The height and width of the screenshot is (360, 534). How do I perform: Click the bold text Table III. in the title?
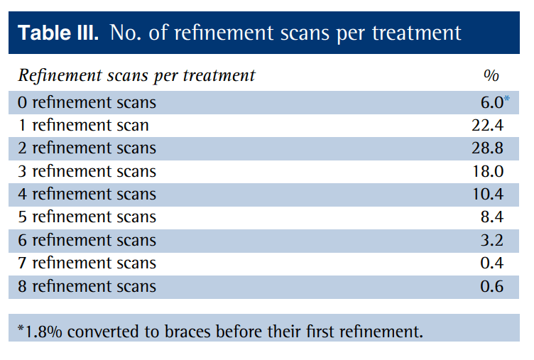[58, 33]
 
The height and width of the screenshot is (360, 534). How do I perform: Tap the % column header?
[491, 75]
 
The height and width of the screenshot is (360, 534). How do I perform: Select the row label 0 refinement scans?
[87, 102]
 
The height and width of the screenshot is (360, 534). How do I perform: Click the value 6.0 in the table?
[491, 102]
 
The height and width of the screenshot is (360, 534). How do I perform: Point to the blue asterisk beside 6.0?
[507, 99]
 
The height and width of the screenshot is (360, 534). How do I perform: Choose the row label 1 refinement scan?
[83, 126]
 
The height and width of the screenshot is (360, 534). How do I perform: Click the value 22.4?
[488, 126]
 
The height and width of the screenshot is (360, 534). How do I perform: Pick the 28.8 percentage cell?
[488, 148]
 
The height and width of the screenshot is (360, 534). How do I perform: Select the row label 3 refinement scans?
[87, 171]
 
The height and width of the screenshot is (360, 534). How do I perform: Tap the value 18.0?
[488, 171]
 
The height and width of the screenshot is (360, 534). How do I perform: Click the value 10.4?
[488, 194]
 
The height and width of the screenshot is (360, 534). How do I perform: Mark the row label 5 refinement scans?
[87, 217]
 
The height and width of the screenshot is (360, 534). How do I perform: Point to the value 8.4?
[491, 217]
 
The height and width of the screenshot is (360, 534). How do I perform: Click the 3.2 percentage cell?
[491, 240]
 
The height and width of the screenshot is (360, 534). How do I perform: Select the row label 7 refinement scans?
[87, 263]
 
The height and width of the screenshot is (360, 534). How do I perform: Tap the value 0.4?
[491, 263]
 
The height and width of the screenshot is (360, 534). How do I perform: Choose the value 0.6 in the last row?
[491, 287]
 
